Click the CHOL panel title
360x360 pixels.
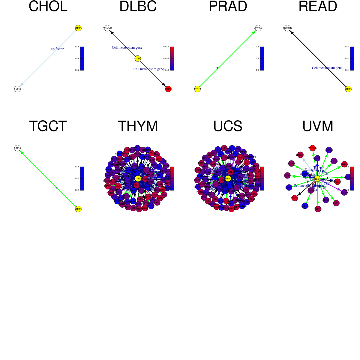[48, 7]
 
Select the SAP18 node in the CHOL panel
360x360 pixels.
[17, 89]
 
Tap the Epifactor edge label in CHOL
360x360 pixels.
[57, 49]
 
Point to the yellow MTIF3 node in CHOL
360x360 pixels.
[78, 28]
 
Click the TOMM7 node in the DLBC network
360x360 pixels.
[107, 28]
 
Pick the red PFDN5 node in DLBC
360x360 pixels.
[168, 89]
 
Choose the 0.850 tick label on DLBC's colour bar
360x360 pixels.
[166, 47]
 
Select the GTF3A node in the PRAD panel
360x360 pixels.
[258, 28]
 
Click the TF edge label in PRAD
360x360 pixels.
[218, 68]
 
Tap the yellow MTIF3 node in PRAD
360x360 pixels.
[197, 89]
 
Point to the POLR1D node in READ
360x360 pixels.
[287, 28]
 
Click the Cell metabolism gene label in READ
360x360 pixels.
[327, 68]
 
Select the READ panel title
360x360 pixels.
[318, 7]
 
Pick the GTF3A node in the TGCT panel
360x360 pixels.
[17, 148]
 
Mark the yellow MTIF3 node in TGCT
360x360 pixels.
[78, 209]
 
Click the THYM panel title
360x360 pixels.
[138, 126]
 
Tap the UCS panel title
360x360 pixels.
[228, 126]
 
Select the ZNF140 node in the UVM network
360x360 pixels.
[312, 148]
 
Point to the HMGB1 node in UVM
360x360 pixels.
[300, 155]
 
